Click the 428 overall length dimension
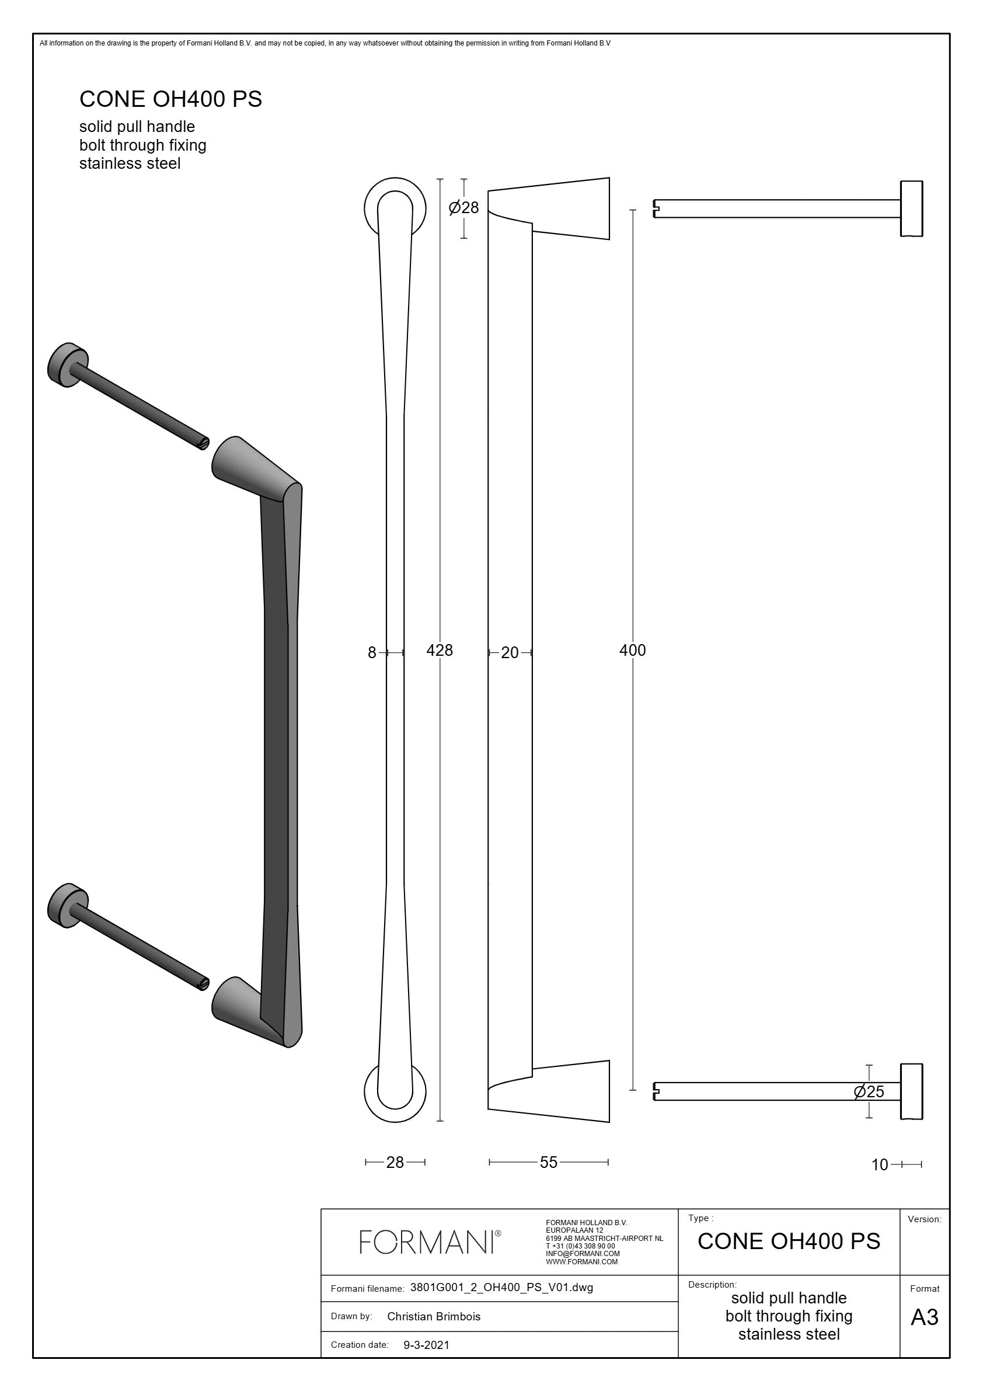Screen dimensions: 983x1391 pos(440,650)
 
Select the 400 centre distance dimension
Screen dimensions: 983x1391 pos(633,650)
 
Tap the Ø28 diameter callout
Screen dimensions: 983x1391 pos(463,208)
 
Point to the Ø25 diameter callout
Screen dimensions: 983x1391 pos(869,1091)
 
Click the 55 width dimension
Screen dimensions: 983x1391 pos(549,1162)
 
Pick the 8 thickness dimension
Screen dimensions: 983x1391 pos(372,652)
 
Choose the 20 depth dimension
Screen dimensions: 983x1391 pos(510,652)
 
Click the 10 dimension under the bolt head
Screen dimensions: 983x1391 pos(880,1164)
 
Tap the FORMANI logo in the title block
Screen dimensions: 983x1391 pos(430,1242)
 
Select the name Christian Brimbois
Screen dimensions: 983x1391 pos(434,1316)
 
